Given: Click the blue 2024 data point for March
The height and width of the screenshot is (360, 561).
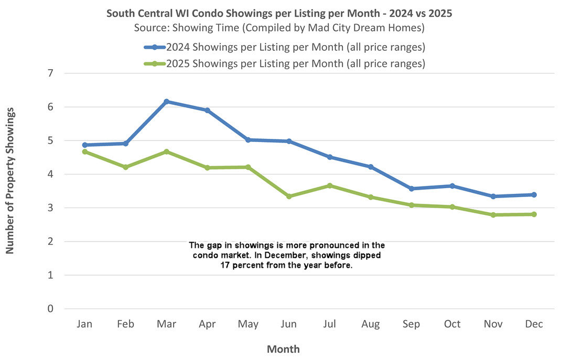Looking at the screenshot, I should coord(166,102).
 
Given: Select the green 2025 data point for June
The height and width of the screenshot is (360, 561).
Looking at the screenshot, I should coord(289,197).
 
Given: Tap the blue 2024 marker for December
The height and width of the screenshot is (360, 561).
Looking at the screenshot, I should coord(534,194).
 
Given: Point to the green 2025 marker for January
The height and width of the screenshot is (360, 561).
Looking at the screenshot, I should coord(84,151).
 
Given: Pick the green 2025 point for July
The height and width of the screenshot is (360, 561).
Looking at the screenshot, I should coord(330,186).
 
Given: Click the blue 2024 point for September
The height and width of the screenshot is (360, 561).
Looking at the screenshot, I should coord(412,189).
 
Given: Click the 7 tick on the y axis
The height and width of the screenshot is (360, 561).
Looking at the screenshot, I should coord(50,73).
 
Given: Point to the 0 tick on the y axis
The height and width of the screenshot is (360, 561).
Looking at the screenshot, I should coord(50,309).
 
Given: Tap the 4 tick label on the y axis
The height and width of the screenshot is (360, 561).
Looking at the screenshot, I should coord(50,174).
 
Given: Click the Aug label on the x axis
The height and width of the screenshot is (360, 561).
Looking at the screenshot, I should coord(371,324).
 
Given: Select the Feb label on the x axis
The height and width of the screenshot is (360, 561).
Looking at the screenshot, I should coord(125,324).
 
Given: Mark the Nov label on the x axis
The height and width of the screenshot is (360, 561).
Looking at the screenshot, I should coord(493,324).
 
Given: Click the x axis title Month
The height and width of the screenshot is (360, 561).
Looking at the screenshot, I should coord(283,349).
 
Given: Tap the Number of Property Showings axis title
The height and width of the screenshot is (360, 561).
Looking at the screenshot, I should coord(10,181).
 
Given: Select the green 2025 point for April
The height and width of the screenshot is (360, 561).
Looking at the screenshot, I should coord(207,168).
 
